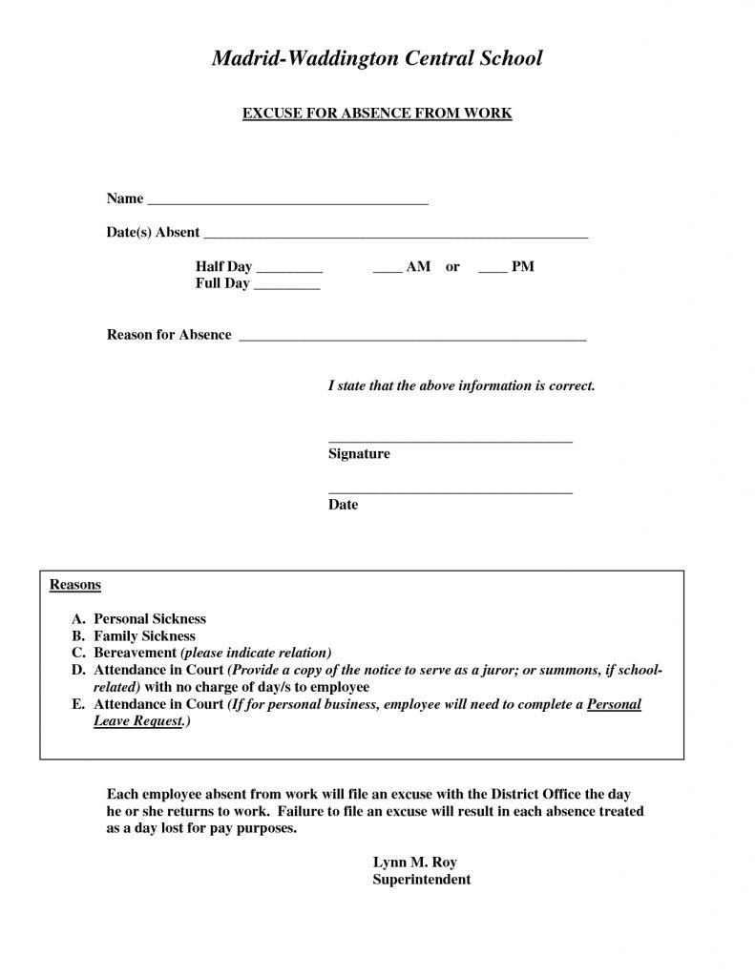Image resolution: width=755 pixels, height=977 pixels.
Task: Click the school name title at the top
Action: click(x=376, y=58)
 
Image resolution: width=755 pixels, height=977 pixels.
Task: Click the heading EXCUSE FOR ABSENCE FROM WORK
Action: click(x=377, y=114)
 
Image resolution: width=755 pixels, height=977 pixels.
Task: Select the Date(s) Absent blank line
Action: click(x=396, y=237)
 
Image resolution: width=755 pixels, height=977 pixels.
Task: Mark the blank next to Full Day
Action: click(x=286, y=288)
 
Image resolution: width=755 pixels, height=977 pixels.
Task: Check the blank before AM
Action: click(x=387, y=272)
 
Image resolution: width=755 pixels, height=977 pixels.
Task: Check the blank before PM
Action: click(x=492, y=272)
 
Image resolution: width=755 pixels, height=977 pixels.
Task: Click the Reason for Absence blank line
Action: click(x=411, y=340)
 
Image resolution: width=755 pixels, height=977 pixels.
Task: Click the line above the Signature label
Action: click(x=450, y=442)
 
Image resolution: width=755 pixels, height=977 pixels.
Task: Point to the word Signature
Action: click(x=359, y=454)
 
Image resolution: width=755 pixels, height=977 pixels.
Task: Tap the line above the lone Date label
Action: click(x=450, y=492)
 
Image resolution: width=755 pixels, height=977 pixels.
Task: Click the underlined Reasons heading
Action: click(x=75, y=584)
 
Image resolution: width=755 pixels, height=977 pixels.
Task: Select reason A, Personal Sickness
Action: click(x=149, y=618)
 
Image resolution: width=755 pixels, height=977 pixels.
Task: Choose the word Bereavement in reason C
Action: click(x=135, y=653)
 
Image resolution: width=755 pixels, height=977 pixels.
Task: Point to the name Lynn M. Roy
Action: click(x=409, y=863)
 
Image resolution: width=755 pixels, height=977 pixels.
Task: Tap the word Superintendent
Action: click(x=421, y=880)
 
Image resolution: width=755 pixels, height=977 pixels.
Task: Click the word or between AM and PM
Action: click(x=452, y=267)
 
